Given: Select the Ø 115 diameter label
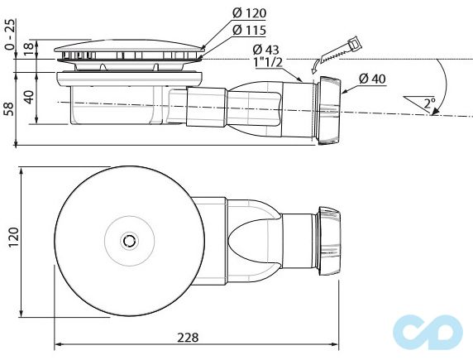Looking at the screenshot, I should tap(250, 31).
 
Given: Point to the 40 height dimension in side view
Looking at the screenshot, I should tap(29, 98).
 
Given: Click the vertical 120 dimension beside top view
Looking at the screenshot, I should tap(12, 240).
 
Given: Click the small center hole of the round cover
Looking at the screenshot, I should tap(128, 240).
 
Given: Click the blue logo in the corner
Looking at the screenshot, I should tap(429, 328).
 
